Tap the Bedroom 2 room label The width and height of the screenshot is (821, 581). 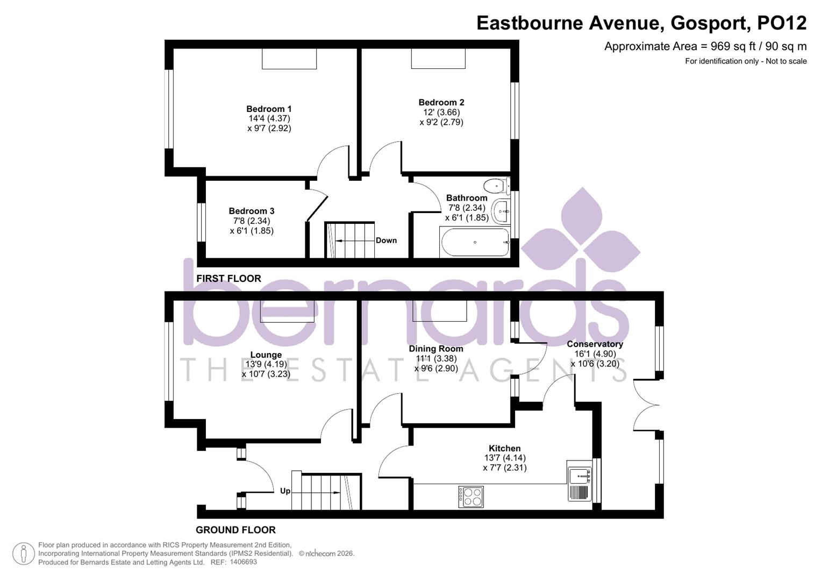pyautogui.click(x=441, y=102)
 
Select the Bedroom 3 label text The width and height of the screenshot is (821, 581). pyautogui.click(x=251, y=211)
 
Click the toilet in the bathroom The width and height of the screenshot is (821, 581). pyautogui.click(x=496, y=186)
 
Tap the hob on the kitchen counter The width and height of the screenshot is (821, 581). pyautogui.click(x=470, y=497)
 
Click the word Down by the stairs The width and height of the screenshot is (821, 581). pyautogui.click(x=386, y=240)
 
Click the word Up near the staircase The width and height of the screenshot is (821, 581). pyautogui.click(x=285, y=491)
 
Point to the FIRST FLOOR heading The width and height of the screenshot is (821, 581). pyautogui.click(x=229, y=278)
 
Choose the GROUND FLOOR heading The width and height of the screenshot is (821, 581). pyautogui.click(x=235, y=530)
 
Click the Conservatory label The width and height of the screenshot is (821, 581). pyautogui.click(x=595, y=344)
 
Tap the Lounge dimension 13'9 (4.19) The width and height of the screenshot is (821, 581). pyautogui.click(x=266, y=364)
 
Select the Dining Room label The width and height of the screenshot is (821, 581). pyautogui.click(x=436, y=349)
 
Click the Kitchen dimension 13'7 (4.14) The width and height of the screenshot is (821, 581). pyautogui.click(x=504, y=458)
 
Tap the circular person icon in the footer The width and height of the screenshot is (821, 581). pyautogui.click(x=23, y=554)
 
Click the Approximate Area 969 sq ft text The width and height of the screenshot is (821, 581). pyautogui.click(x=705, y=46)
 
